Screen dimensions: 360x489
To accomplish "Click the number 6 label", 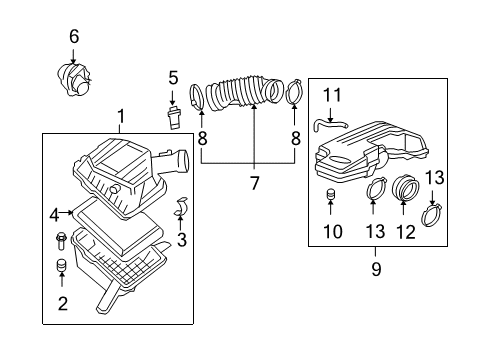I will click(73, 37).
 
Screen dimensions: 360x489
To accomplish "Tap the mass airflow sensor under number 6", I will click(76, 78).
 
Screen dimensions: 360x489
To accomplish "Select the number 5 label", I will click(172, 76).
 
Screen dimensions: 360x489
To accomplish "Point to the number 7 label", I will click(253, 183).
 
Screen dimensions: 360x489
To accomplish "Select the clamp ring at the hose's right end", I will click(293, 95).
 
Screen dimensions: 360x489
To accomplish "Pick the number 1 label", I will click(120, 118).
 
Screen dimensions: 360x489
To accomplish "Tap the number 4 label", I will click(54, 212).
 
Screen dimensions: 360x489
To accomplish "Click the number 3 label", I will click(182, 240).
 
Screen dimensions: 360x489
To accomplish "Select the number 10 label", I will click(333, 232).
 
